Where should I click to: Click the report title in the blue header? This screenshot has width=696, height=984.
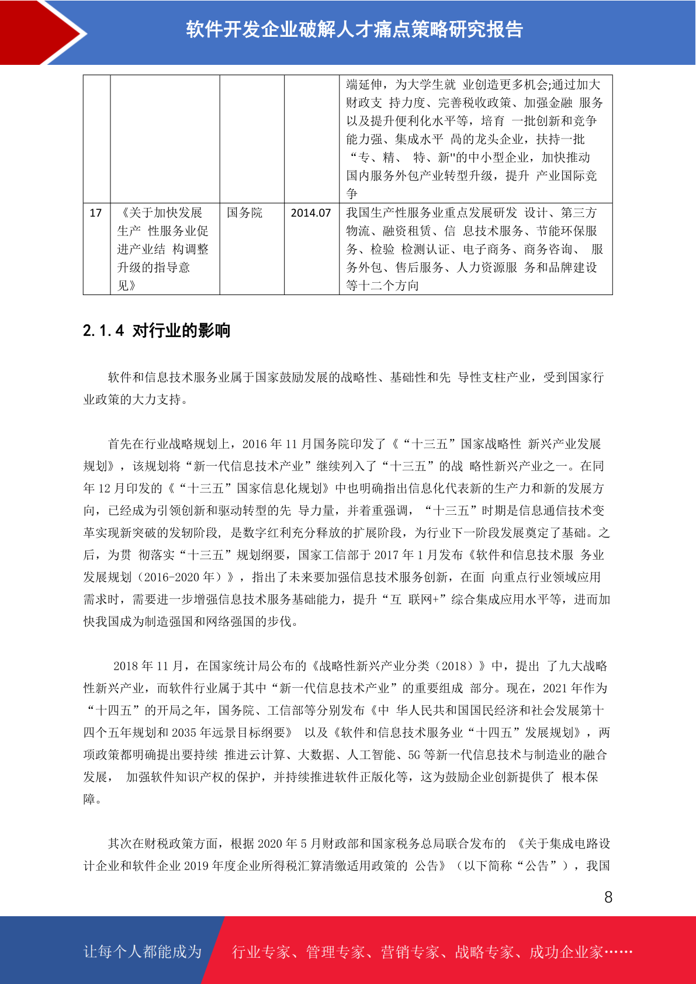click(x=354, y=30)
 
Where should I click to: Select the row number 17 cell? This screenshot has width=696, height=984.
click(x=96, y=213)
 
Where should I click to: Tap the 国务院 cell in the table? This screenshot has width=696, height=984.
click(x=245, y=213)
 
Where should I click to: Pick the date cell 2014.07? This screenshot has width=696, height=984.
click(x=311, y=213)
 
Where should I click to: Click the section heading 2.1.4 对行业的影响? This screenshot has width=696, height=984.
click(x=157, y=331)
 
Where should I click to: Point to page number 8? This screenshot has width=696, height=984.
click(x=608, y=898)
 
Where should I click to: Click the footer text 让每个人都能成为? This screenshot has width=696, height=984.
click(x=143, y=952)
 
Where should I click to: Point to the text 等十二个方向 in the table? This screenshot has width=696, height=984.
click(x=382, y=286)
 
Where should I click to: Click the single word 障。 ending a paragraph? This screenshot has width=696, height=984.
click(x=92, y=799)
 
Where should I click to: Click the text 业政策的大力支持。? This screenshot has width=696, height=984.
click(x=136, y=400)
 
